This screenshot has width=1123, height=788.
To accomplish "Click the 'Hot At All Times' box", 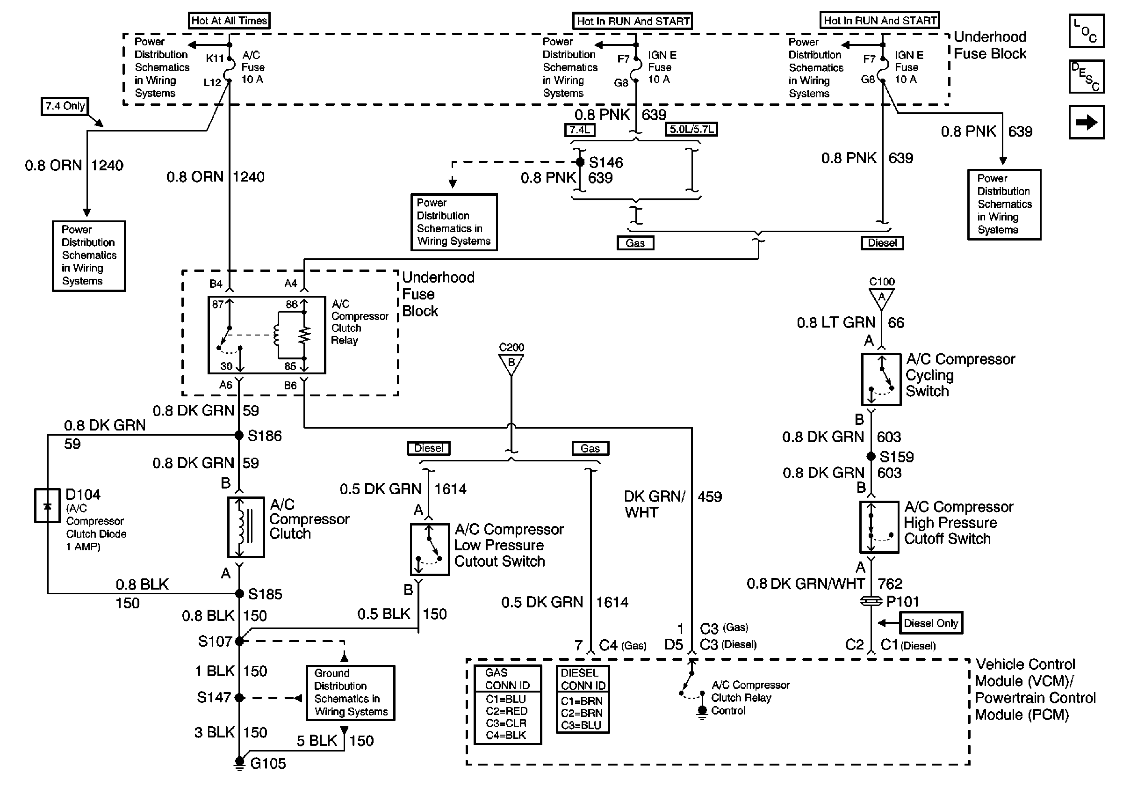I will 229,21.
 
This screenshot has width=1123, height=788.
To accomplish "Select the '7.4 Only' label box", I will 65,106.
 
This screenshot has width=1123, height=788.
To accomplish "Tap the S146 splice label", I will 605,162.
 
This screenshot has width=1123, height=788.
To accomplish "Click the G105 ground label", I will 267,764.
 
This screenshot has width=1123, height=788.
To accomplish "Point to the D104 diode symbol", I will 47,505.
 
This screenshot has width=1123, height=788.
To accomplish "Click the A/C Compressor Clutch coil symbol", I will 245,528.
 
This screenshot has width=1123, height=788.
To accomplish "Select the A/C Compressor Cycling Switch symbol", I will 881,379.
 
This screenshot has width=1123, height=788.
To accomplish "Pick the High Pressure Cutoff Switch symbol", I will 879,527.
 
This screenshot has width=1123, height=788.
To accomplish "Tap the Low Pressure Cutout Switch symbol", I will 430,550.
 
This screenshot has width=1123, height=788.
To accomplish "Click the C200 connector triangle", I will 511,364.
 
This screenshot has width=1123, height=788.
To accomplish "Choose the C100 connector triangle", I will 881,298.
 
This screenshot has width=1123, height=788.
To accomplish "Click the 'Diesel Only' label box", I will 931,623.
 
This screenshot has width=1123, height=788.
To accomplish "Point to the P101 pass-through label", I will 902,601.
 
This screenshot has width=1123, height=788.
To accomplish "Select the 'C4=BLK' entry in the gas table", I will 506,735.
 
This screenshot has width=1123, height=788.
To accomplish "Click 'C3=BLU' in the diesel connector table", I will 581,725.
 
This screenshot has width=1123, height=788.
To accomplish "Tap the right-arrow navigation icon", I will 1087,122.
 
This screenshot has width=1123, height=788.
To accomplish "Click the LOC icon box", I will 1087,31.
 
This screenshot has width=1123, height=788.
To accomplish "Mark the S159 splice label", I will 896,457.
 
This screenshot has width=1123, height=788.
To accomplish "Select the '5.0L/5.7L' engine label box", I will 691,130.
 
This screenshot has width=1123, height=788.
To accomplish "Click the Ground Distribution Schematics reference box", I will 350,693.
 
